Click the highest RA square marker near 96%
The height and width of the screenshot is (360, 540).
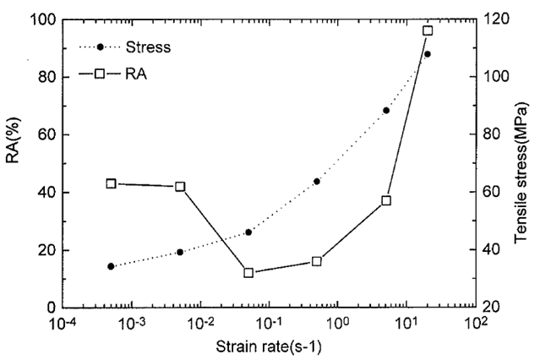[x=428, y=30]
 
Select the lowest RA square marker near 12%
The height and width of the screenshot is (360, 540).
[x=248, y=272]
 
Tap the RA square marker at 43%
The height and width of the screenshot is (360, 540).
[x=111, y=183]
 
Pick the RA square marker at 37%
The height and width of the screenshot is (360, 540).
[x=386, y=200]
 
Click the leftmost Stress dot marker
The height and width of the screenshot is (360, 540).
[x=111, y=266]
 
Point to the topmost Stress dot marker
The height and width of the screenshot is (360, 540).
[x=428, y=54]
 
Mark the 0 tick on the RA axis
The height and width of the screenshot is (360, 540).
[x=52, y=308]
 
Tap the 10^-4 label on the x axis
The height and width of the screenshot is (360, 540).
[x=63, y=324]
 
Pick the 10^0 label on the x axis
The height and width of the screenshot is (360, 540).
[x=340, y=324]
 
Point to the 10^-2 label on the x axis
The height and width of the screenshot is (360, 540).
[x=200, y=324]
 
